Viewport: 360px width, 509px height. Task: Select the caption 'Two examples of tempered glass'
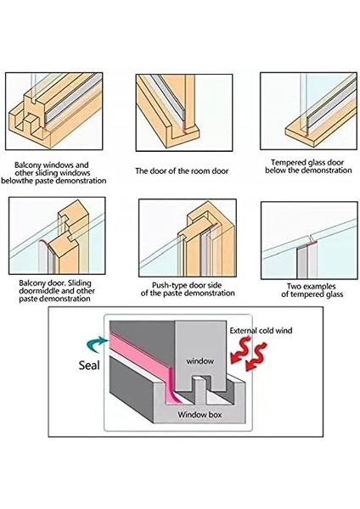tap(306, 289)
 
